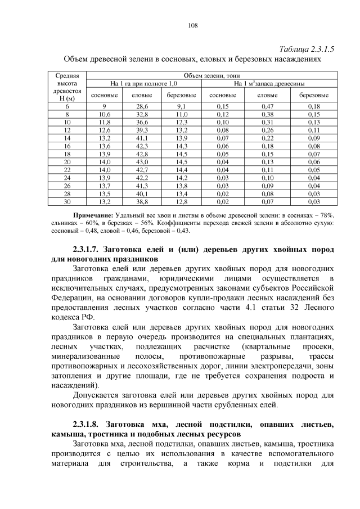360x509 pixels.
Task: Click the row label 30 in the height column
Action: tap(67, 200)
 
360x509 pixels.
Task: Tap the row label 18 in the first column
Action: tap(67, 153)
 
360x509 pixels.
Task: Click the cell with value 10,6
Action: tap(105, 114)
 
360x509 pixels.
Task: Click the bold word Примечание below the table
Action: tap(93, 215)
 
